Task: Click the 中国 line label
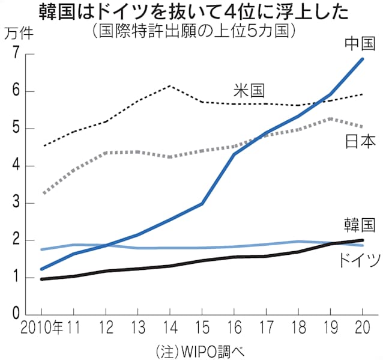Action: (x=361, y=43)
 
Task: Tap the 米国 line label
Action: (x=250, y=91)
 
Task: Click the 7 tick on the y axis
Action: (x=14, y=55)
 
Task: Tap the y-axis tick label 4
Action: (x=14, y=166)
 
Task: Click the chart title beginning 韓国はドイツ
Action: (x=191, y=11)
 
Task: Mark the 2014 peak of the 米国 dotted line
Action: (x=170, y=86)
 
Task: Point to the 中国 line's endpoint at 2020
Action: (x=363, y=59)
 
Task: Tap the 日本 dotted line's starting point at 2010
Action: (x=41, y=194)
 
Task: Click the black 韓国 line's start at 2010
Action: (x=41, y=279)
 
